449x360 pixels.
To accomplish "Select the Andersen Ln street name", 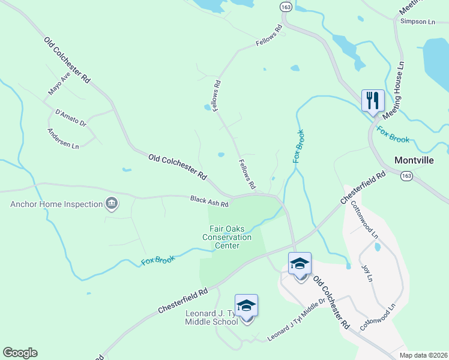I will pos(63,138).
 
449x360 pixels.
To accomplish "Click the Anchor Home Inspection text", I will pos(56,204).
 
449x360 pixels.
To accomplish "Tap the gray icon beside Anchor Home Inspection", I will pos(111,204).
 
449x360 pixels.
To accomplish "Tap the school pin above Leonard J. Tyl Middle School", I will pos(246,307).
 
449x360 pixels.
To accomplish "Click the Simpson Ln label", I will pos(417,22).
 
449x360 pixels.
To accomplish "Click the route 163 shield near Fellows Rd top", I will pos(285,5).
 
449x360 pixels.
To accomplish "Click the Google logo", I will pos(20,353).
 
